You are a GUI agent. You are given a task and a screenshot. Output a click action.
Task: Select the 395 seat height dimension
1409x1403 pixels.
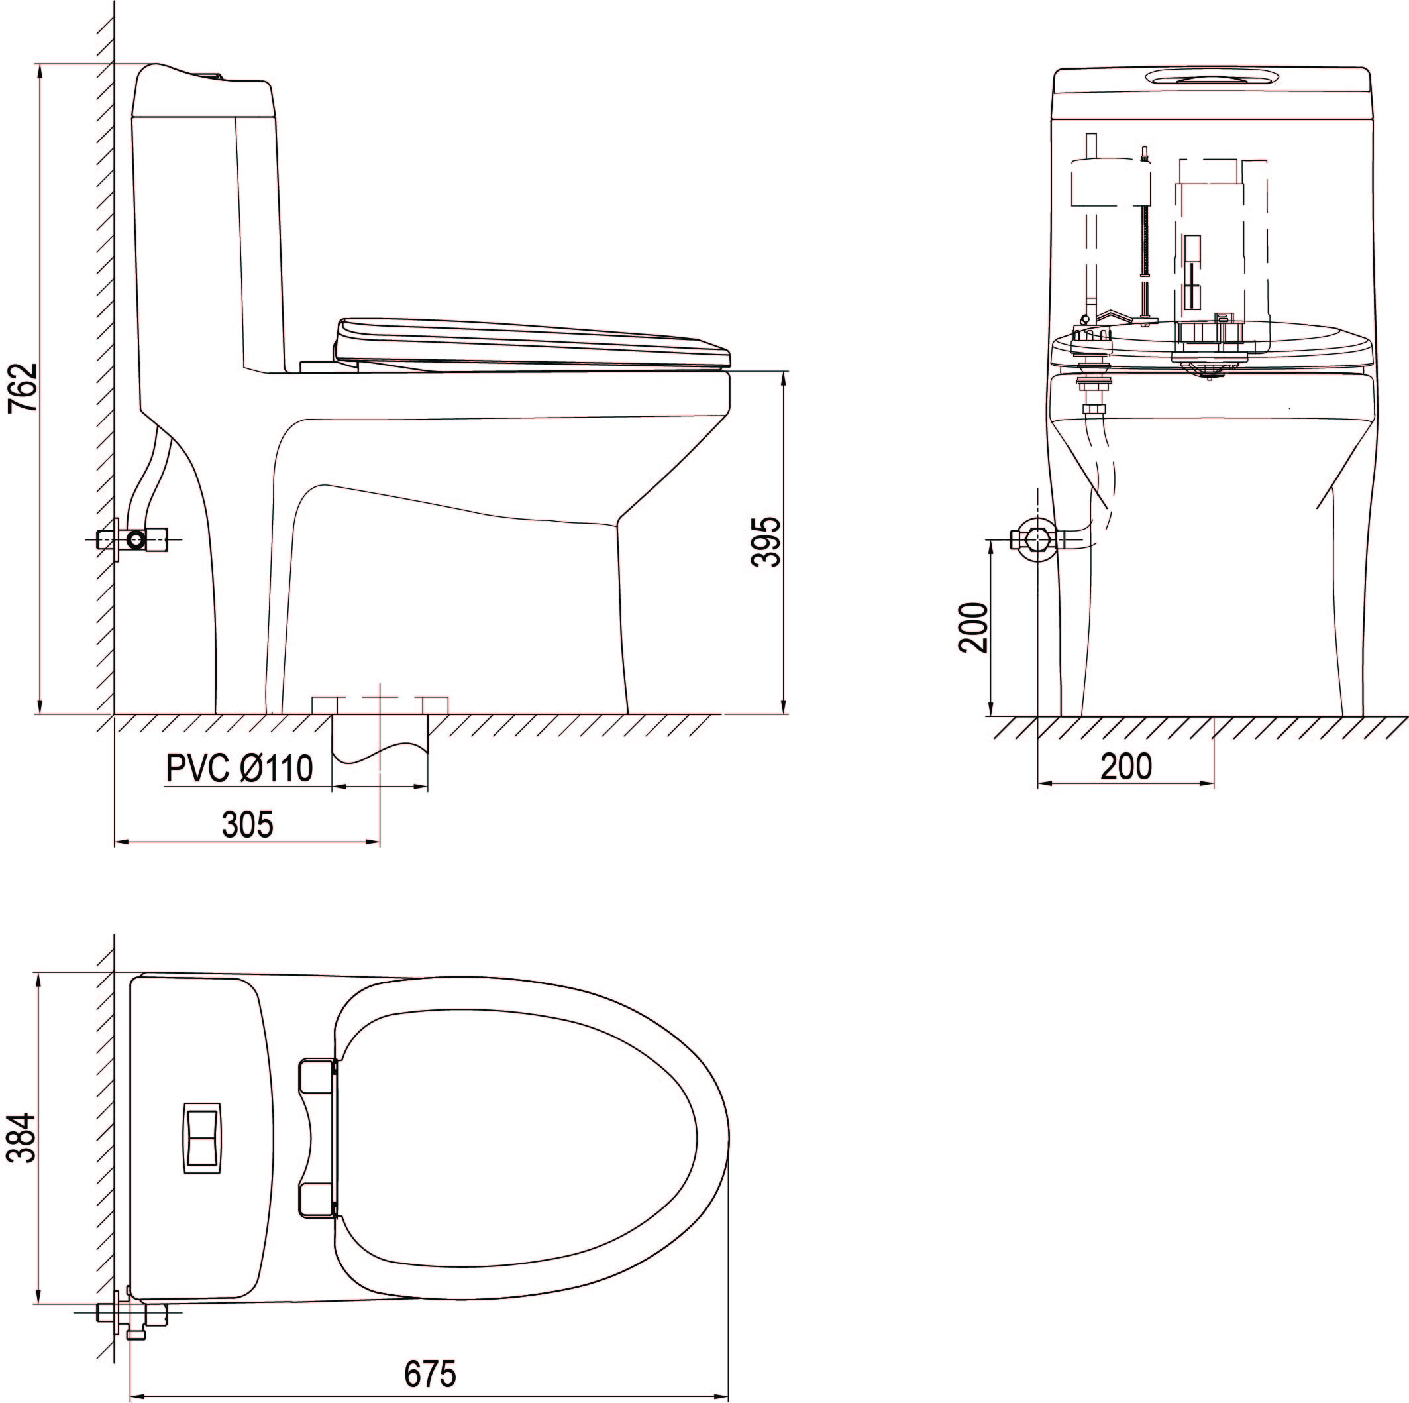pyautogui.click(x=766, y=541)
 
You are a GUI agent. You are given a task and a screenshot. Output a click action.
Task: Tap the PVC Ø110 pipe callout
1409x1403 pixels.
pyautogui.click(x=239, y=768)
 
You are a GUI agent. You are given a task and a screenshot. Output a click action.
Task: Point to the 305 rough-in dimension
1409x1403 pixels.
pyautogui.click(x=248, y=824)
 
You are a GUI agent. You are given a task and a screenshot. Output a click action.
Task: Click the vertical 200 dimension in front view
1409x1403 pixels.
pyautogui.click(x=973, y=627)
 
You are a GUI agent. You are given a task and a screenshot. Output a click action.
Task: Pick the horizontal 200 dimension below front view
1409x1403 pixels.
pyautogui.click(x=1126, y=766)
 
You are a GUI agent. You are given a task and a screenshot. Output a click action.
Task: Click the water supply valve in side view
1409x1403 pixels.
pyautogui.click(x=136, y=540)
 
